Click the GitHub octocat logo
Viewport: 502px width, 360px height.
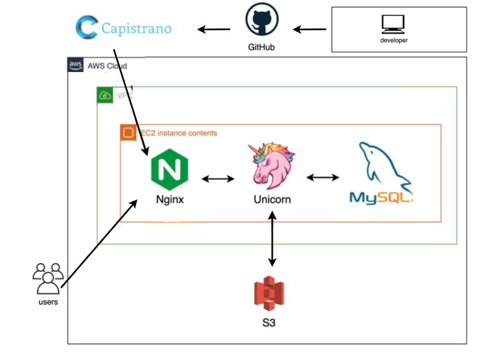tap(262, 21)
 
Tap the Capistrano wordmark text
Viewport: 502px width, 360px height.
tap(136, 29)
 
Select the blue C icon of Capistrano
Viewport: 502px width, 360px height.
tap(87, 28)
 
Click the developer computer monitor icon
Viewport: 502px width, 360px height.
tap(393, 24)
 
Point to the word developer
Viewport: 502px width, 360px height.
tap(394, 40)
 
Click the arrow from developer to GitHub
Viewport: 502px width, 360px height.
tap(310, 29)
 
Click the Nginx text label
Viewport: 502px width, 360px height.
tap(169, 199)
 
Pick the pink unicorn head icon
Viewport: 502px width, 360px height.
tap(271, 165)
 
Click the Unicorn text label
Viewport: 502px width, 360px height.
tap(272, 200)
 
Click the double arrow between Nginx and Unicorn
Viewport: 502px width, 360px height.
tap(218, 179)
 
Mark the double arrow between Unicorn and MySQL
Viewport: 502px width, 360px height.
tap(323, 178)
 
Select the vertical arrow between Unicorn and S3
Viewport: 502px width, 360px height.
tap(272, 239)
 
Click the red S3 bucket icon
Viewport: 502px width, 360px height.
tap(269, 294)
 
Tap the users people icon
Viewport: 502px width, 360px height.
tap(48, 278)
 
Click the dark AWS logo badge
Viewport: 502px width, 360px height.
tap(75, 66)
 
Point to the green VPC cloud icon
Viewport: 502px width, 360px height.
tap(105, 95)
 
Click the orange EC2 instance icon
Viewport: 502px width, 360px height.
tap(128, 133)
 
